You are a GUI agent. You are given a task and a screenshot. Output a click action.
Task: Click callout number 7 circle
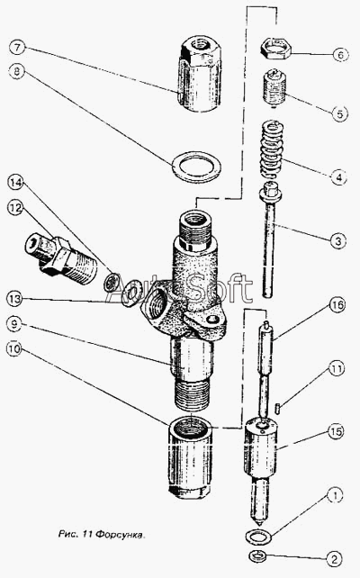coord(17,48)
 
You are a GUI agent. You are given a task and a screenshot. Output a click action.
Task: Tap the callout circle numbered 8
coord(16,71)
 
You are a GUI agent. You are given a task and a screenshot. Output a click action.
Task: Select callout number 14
coord(15,183)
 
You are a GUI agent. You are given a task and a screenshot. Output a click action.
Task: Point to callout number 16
coord(337,305)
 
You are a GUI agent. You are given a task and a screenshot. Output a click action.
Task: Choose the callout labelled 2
coord(335,559)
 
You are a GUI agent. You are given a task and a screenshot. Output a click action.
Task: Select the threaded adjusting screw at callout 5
coord(274,88)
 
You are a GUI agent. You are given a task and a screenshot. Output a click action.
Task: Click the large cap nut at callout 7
coord(201,73)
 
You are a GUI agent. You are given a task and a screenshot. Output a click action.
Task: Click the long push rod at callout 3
coord(270,240)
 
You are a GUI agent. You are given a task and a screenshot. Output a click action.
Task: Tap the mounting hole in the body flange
coord(211,320)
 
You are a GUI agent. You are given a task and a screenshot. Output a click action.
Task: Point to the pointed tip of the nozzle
coord(260,523)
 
